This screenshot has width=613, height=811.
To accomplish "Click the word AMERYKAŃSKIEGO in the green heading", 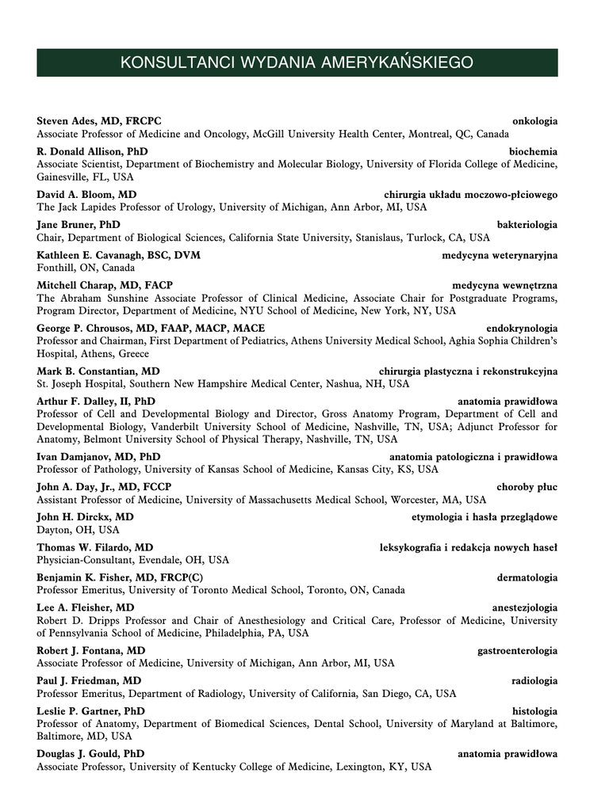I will pos(397,63).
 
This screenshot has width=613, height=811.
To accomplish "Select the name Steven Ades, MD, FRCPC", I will pos(99,121).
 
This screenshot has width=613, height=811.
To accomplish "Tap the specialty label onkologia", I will pos(534,121).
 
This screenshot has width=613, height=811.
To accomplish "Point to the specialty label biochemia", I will pos(533,151).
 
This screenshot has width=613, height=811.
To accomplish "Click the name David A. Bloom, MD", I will pos(86,194).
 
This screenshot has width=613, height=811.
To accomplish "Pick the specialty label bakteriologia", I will pos(527,224).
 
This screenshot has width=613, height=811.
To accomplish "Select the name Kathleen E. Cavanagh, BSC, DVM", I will pos(118,255).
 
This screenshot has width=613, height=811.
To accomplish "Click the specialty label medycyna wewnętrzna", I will pos(504,285).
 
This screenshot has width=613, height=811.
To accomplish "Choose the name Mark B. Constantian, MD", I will pos(98,371).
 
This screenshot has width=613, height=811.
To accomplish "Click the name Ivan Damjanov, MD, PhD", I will pos(98,456).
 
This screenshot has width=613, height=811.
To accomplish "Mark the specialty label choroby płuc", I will pos(527,487).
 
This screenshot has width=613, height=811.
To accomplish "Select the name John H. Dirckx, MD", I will pos(85,517).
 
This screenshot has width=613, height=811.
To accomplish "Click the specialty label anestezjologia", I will pos(524,607).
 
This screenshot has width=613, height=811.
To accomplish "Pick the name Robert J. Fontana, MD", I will pos(91,650).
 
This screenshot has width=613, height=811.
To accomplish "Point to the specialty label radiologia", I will pos(534,680).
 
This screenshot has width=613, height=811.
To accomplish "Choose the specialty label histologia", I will pos(534,711).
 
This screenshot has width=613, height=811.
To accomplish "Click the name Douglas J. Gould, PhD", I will pos(90,754).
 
